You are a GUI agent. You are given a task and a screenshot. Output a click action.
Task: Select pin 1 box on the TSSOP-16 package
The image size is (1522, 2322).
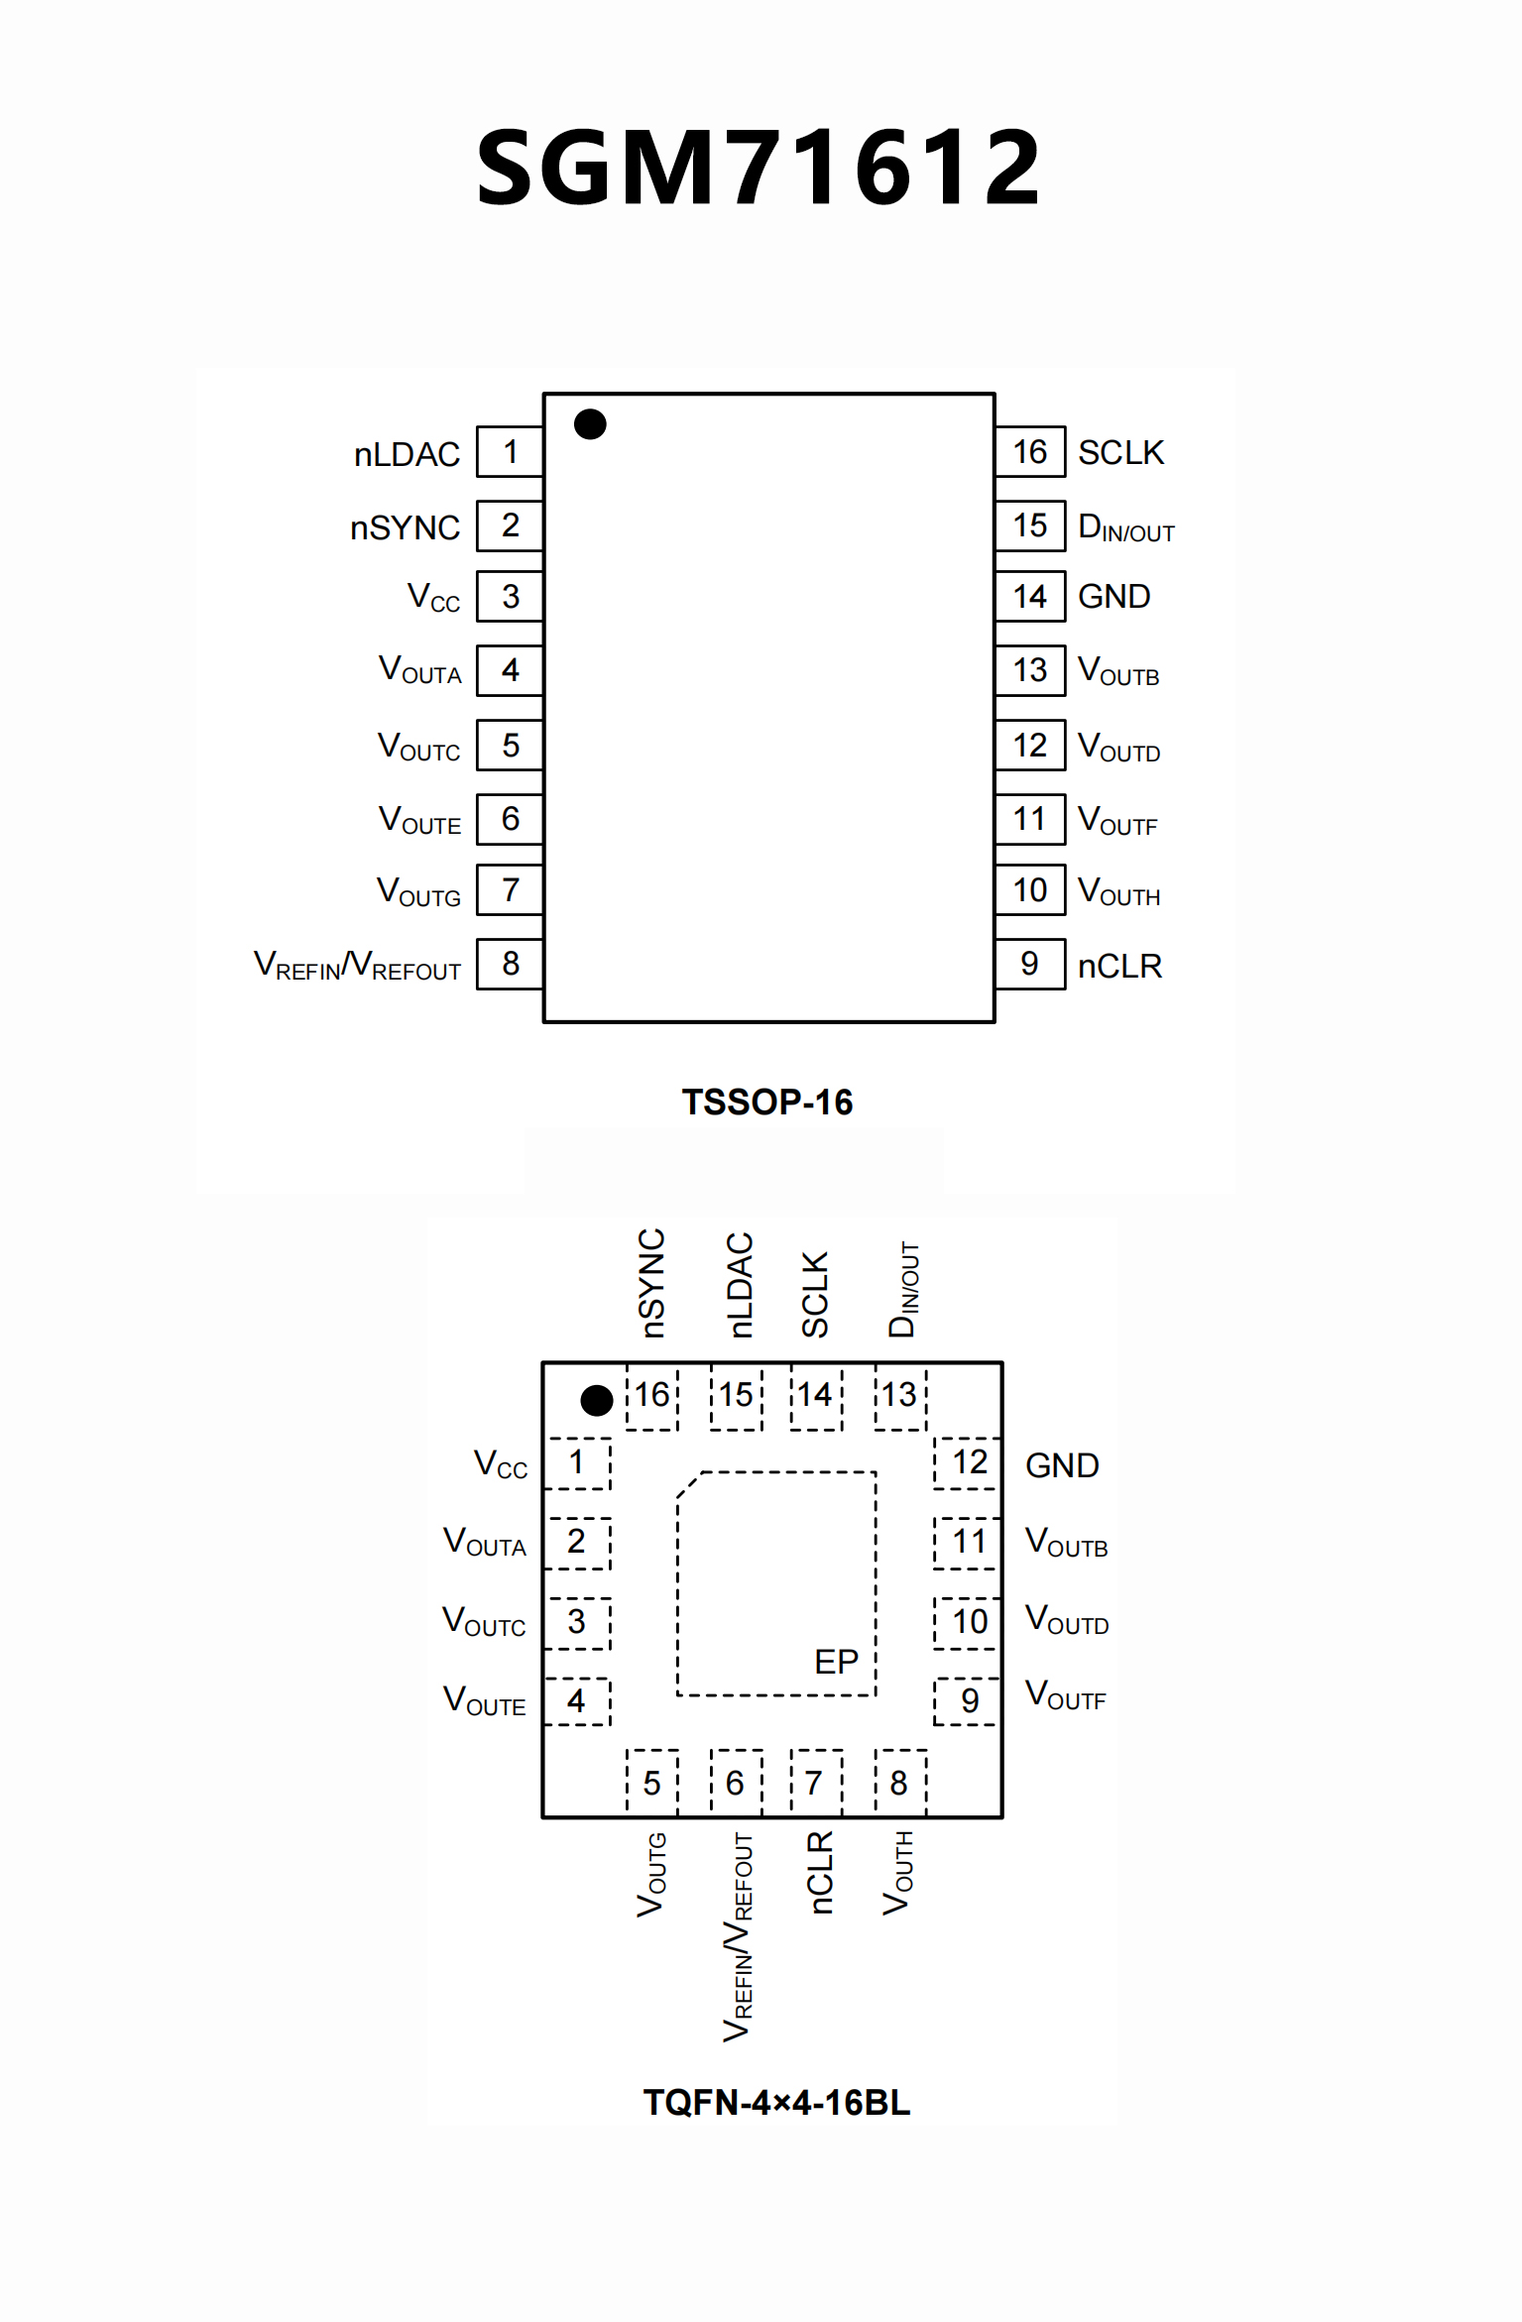tap(510, 452)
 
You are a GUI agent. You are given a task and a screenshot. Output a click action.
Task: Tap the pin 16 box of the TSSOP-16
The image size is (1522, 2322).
tap(1029, 452)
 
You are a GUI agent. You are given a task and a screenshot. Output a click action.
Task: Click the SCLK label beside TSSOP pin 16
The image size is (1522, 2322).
tap(1120, 452)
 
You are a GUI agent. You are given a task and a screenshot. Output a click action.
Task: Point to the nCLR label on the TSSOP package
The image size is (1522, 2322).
tap(1119, 966)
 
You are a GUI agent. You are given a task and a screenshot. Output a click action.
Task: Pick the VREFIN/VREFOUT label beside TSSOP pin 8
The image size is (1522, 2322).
tap(358, 965)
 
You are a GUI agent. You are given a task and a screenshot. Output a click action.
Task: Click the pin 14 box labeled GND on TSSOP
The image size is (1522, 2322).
tap(1029, 597)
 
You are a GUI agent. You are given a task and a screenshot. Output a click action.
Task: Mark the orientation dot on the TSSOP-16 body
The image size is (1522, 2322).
tap(590, 424)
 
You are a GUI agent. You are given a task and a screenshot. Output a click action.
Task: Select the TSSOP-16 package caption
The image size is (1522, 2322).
tap(766, 1102)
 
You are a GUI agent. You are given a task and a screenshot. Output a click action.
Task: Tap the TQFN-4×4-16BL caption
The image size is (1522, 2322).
tap(776, 2102)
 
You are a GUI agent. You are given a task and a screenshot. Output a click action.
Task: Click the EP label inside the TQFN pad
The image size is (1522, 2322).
tap(836, 1662)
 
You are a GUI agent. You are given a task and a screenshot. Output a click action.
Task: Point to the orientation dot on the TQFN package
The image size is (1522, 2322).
tap(596, 1400)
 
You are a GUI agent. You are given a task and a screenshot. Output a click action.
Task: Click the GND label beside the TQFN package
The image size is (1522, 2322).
tap(1062, 1465)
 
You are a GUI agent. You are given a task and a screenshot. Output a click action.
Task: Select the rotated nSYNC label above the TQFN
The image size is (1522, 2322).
tap(651, 1283)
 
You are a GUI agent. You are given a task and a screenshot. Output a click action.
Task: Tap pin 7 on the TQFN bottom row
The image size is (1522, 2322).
tap(814, 1783)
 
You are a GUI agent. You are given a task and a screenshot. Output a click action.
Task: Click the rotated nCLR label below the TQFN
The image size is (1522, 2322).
tap(820, 1872)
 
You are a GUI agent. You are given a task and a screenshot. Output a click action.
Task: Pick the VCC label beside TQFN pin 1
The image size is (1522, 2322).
tap(501, 1464)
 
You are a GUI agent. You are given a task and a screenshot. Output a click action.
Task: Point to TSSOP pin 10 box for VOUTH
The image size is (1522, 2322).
tap(1029, 890)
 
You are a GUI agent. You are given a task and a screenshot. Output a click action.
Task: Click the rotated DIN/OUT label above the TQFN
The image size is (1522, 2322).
tap(903, 1289)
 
